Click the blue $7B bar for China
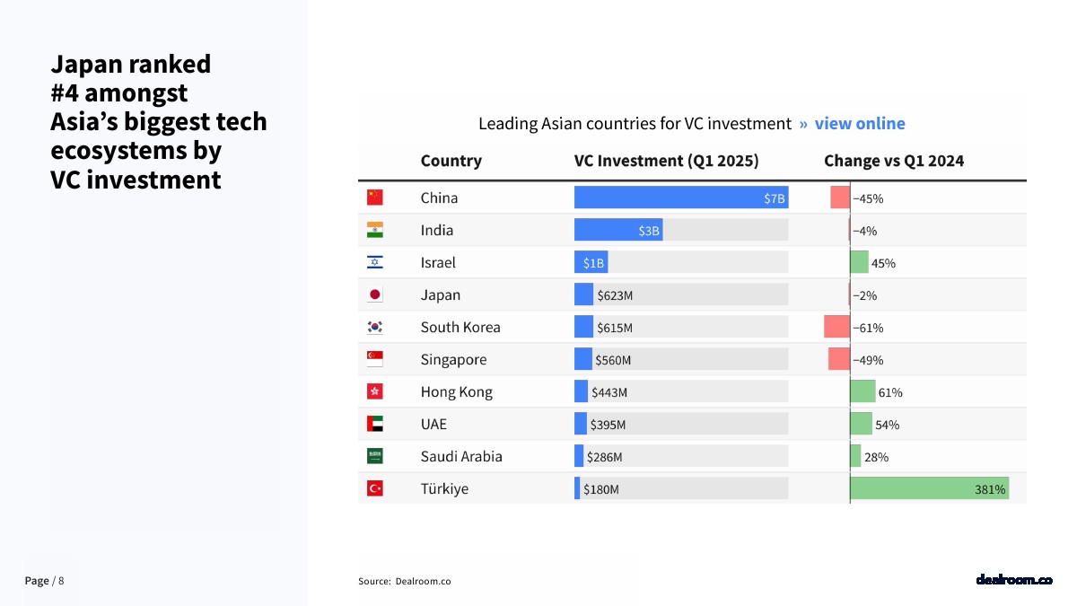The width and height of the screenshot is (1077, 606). pyautogui.click(x=680, y=198)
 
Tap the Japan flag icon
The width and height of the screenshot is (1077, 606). pyautogui.click(x=375, y=294)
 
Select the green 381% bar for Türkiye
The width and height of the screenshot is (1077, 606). pyautogui.click(x=929, y=488)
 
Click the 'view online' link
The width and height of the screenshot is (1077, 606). pyautogui.click(x=859, y=124)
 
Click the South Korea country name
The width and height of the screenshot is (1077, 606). pyautogui.click(x=460, y=327)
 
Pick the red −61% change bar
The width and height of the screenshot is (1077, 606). pyautogui.click(x=836, y=327)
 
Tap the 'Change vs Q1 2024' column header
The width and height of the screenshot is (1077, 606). pyautogui.click(x=894, y=161)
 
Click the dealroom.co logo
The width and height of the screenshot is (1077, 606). pyautogui.click(x=1013, y=580)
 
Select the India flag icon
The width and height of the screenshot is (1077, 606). pyautogui.click(x=375, y=230)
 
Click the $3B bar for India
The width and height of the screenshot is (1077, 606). pyautogui.click(x=618, y=230)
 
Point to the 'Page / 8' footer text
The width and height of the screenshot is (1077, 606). pyautogui.click(x=44, y=581)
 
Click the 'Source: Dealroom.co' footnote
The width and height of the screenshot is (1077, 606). pyautogui.click(x=405, y=582)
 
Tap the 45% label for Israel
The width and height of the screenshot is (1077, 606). pyautogui.click(x=883, y=263)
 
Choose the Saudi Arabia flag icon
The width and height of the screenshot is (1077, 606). pyautogui.click(x=375, y=456)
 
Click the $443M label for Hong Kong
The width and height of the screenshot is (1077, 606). pyautogui.click(x=609, y=392)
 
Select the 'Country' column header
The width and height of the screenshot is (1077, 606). pyautogui.click(x=451, y=161)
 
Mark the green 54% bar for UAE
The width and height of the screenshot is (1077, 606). pyautogui.click(x=861, y=424)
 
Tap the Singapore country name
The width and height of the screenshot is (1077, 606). pyautogui.click(x=453, y=359)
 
